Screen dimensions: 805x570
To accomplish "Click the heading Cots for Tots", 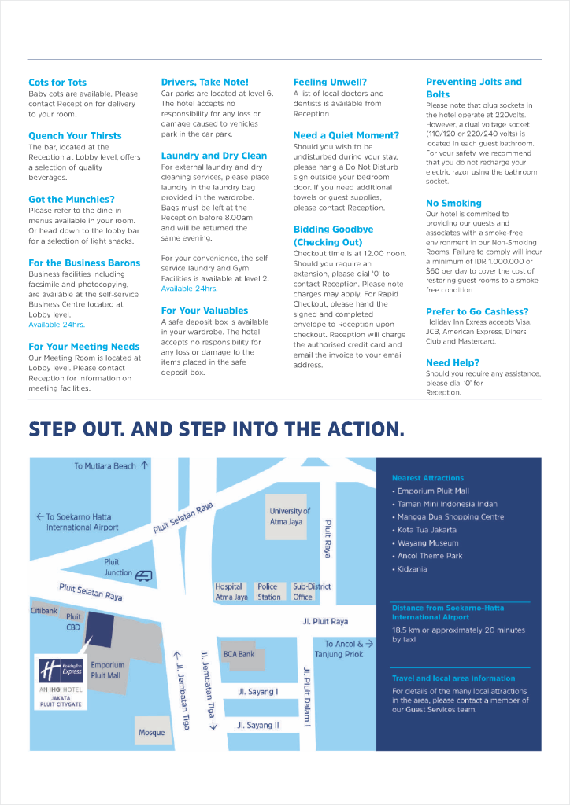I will click(x=57, y=83).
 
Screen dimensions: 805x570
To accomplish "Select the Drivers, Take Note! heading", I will click(x=205, y=82).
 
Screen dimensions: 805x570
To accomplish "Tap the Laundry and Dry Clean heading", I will click(x=214, y=156).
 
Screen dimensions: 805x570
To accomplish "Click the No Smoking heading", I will click(x=453, y=203).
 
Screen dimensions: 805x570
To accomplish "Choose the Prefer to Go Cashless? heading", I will click(x=477, y=311).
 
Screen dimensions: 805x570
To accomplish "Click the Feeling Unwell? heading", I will click(x=330, y=82).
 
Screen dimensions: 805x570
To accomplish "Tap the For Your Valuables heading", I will click(x=205, y=311).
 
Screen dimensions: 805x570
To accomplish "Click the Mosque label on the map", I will click(x=152, y=732).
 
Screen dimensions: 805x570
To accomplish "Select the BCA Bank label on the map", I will click(x=239, y=654).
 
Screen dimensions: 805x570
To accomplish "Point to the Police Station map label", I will click(x=269, y=592).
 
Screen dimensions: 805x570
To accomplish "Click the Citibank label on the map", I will click(x=44, y=610).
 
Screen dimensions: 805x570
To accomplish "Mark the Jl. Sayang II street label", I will click(x=258, y=725).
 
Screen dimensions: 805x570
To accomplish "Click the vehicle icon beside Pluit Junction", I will click(x=142, y=575).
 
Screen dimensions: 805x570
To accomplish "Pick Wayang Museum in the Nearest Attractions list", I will click(x=427, y=543).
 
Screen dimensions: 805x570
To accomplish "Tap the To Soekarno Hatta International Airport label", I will click(x=79, y=522).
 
